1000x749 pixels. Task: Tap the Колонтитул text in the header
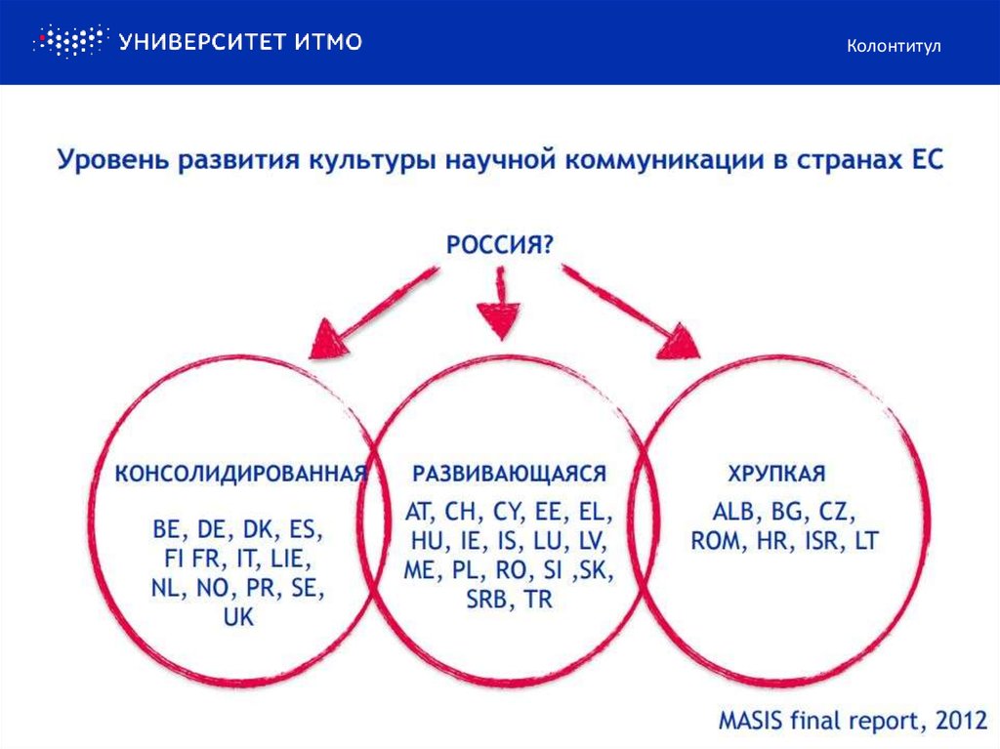point(894,46)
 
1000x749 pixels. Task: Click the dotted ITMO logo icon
point(69,41)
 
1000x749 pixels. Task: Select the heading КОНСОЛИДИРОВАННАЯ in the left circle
point(241,474)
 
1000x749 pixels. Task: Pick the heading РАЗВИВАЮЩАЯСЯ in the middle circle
point(509,474)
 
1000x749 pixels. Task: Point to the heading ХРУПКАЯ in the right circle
point(776,474)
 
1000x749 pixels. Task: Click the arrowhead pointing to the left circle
point(329,338)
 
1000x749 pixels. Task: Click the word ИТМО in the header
point(328,41)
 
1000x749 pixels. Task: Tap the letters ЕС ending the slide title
point(927,160)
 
